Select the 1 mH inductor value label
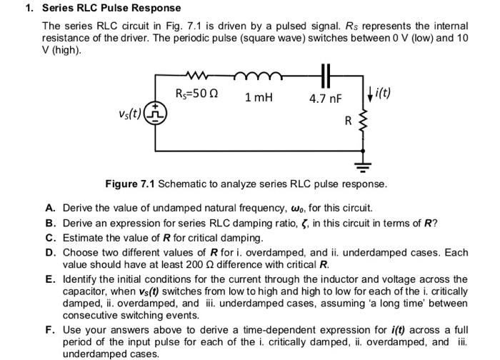[259, 97]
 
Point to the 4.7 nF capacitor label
[326, 98]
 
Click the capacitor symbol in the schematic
[326, 74]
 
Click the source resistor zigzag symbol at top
[196, 73]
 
